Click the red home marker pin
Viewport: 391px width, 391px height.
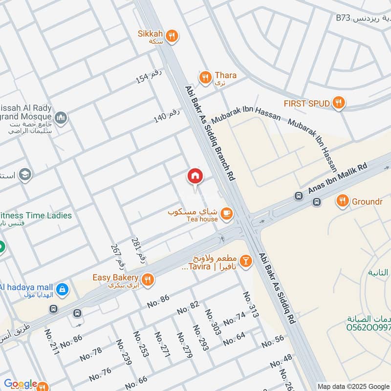[195, 176]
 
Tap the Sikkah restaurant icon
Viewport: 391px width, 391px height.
[171, 35]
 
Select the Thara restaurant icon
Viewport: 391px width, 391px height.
[205, 77]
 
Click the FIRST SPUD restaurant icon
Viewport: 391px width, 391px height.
[338, 103]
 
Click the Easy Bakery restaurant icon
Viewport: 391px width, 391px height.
[149, 279]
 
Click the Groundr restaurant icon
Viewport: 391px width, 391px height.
[342, 200]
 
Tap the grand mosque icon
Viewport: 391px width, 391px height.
[62, 117]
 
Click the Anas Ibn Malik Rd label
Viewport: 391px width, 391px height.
[338, 179]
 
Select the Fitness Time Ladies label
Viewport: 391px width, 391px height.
[36, 216]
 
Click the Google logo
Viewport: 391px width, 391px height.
[21, 384]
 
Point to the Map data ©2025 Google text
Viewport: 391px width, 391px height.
[353, 386]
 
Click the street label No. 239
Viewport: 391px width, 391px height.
[124, 352]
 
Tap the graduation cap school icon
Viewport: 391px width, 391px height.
[25, 174]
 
